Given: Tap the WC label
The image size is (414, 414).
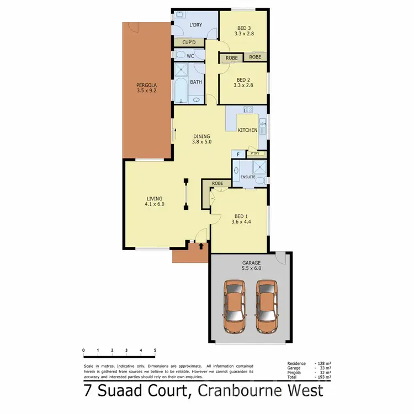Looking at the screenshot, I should [190, 56].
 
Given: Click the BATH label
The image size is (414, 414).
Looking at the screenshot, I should [196, 82].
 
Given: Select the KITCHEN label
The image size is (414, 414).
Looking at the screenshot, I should [247, 130].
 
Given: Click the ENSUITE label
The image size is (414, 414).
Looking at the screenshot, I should [248, 177].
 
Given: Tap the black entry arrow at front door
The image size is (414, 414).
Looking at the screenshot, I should [201, 247].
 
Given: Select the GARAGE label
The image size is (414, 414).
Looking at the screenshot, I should [251, 263].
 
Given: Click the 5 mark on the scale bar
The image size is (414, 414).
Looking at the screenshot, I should [155, 350].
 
